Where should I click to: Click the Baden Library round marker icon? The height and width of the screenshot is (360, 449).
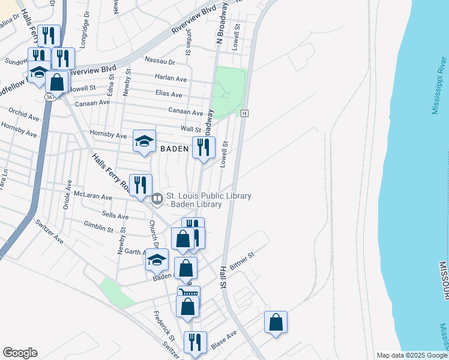coord(157,197)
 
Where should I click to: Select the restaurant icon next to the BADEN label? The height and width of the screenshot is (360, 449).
coord(203,147)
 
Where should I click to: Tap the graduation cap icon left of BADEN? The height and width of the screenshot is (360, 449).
coord(144,141)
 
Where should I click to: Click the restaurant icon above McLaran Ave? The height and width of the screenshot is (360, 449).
coord(140,185)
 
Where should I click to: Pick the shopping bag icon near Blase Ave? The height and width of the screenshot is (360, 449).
coord(276,322)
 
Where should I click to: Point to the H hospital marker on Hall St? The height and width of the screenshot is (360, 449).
coord(244,113)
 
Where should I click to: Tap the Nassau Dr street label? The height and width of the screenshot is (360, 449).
coord(160,61)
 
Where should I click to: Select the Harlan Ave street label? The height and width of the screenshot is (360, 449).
coord(170,78)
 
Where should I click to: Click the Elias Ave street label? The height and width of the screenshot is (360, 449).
coord(168,95)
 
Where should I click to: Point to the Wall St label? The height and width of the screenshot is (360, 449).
coord(190,129)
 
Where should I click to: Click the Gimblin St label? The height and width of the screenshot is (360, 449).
coord(98,228)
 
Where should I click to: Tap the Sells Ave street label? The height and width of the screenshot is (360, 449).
coord(115,216)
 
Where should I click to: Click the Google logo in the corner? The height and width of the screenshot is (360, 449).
coord(20,353)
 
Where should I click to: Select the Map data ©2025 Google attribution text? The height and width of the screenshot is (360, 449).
coord(411,355)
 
